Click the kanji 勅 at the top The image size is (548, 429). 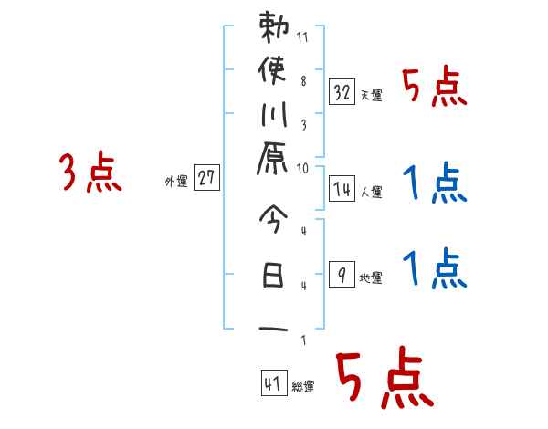(274, 29)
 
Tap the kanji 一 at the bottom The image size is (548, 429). (274, 326)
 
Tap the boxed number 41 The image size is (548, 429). (272, 383)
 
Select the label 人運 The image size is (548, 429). (370, 193)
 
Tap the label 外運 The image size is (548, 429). (176, 182)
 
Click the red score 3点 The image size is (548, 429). (90, 173)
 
